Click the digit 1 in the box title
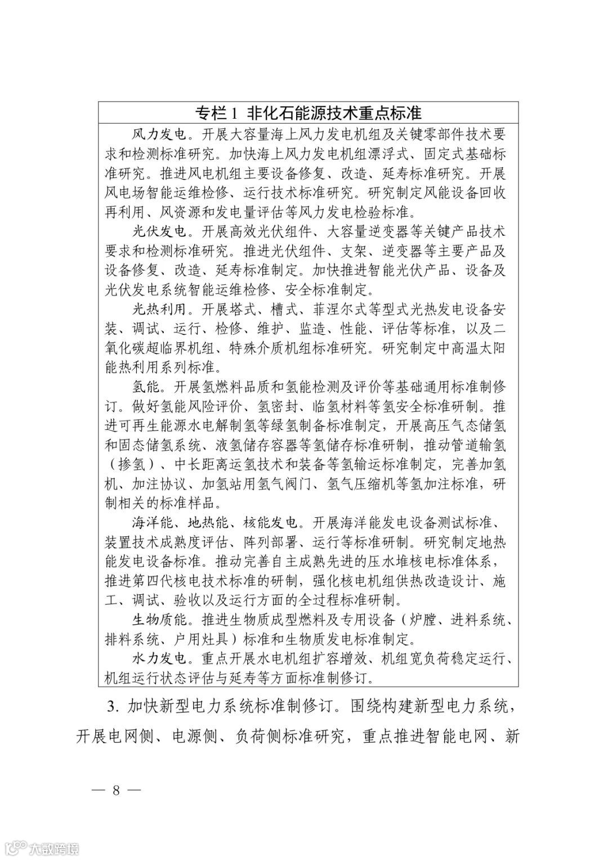coord(234,113)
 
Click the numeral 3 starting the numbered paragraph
coord(110,705)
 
